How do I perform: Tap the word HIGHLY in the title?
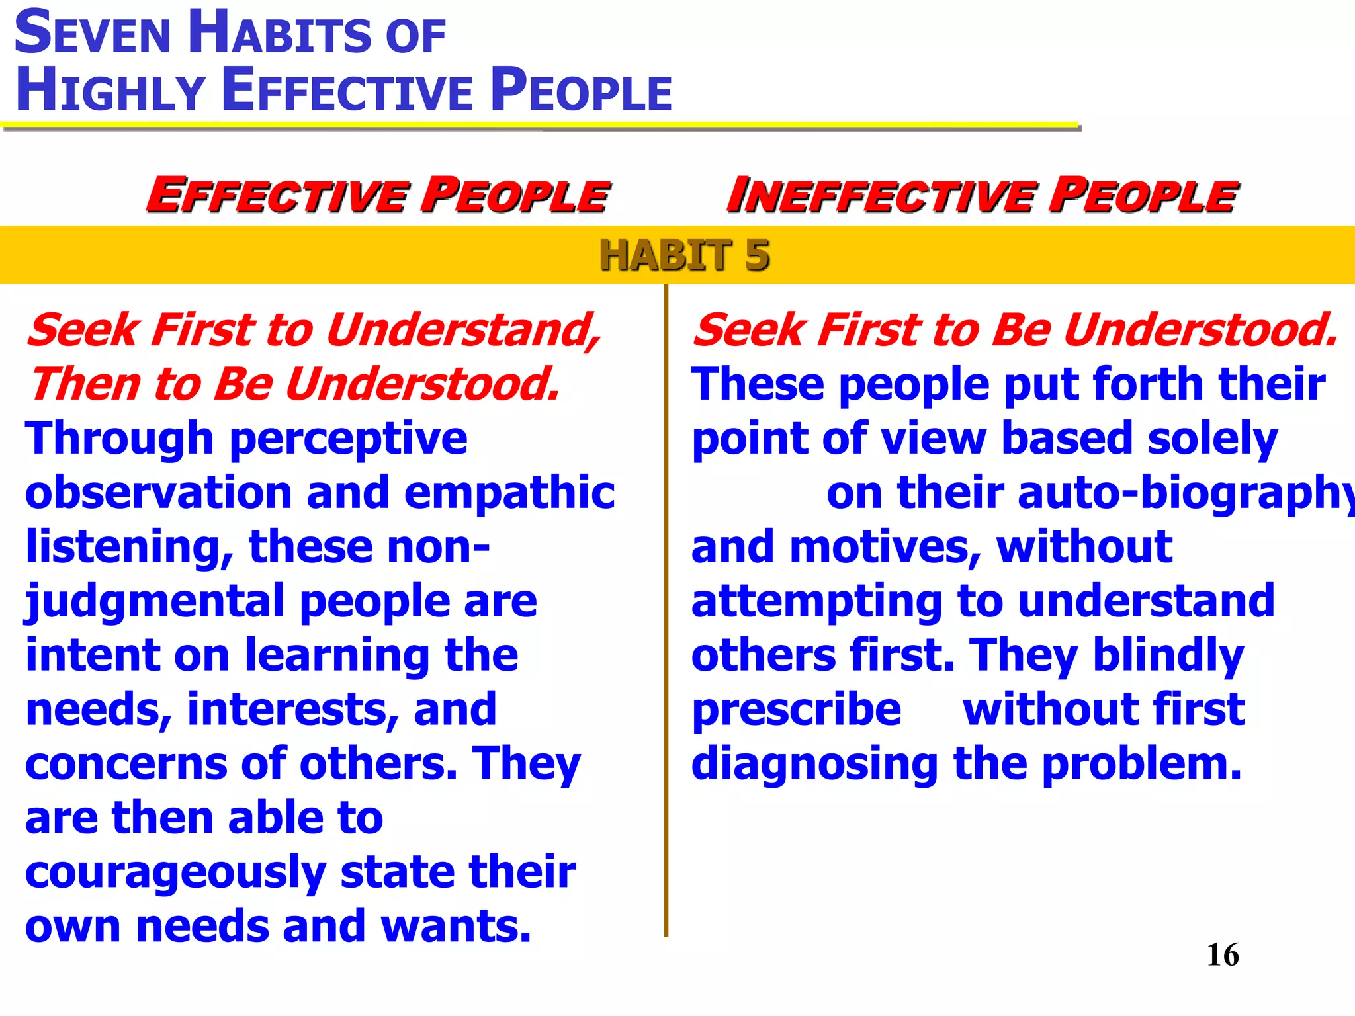(110, 91)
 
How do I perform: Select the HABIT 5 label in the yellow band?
(684, 255)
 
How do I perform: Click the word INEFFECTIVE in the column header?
(879, 196)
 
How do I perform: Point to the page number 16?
(1223, 954)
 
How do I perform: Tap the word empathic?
(509, 493)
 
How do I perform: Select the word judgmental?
(155, 602)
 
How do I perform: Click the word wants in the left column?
(456, 925)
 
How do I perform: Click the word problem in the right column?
(1141, 764)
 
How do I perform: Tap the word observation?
(158, 493)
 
